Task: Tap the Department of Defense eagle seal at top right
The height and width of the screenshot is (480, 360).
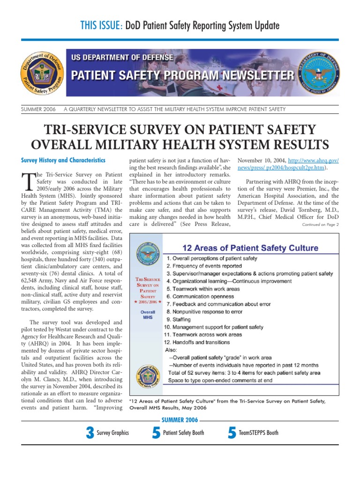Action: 319,75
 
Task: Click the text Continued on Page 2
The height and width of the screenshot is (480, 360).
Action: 321,225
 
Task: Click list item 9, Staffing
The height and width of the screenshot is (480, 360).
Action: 176,319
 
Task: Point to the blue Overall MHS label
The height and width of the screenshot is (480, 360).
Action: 148,314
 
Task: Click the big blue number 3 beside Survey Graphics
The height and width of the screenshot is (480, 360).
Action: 90,433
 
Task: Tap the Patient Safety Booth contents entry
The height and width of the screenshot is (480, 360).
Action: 183,433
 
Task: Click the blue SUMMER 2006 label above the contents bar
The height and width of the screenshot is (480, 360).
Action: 180,420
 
